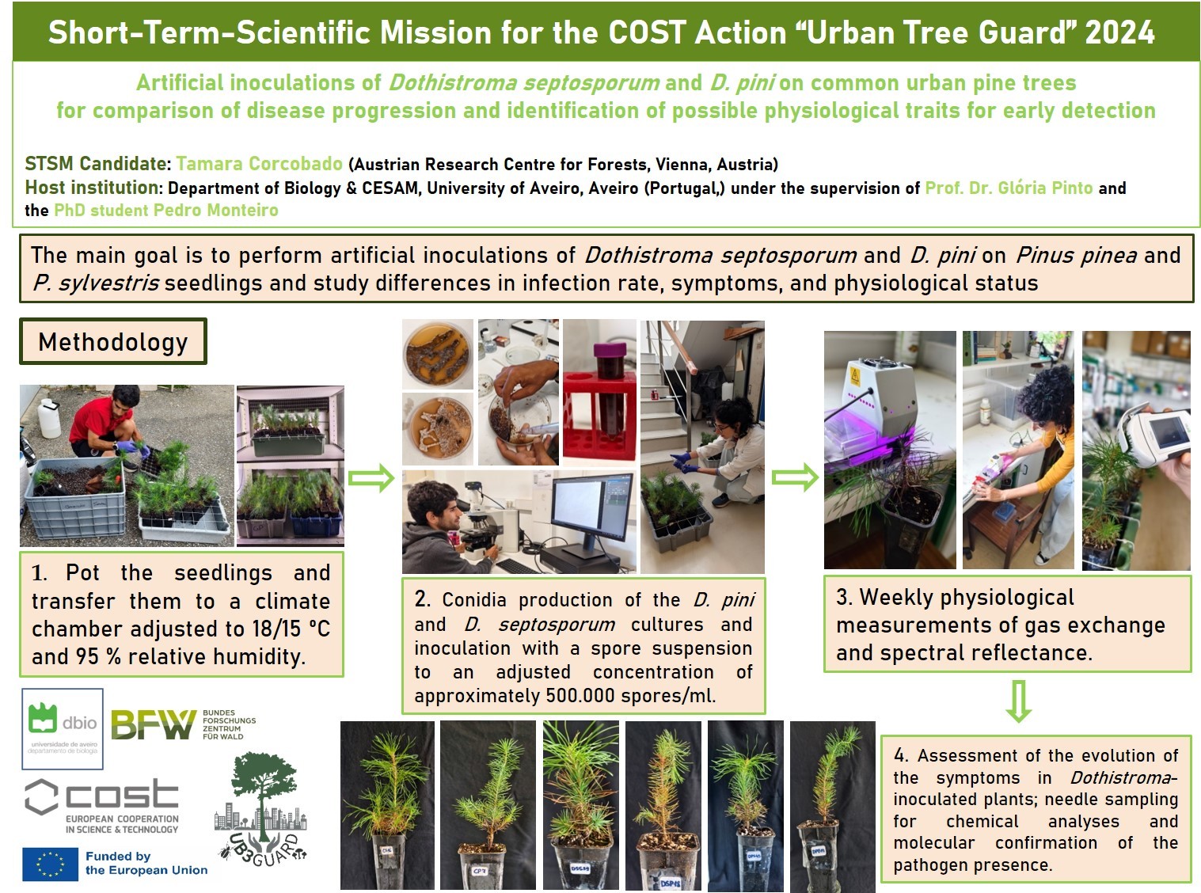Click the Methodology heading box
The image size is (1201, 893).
pyautogui.click(x=113, y=341)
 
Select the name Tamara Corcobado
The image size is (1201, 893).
pyautogui.click(x=260, y=164)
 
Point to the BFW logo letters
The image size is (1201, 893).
pyautogui.click(x=154, y=724)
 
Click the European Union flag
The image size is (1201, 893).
pyautogui.click(x=51, y=864)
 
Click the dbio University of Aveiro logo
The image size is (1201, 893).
pyautogui.click(x=63, y=728)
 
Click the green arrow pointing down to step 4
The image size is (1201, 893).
pyautogui.click(x=1019, y=701)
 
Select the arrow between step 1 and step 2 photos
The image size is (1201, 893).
pyautogui.click(x=371, y=477)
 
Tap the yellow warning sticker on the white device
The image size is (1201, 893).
pyautogui.click(x=855, y=375)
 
